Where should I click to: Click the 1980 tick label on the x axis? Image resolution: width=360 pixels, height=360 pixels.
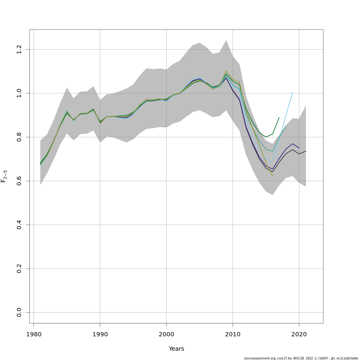click(x=34, y=334)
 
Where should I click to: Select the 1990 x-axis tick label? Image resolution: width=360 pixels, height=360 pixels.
click(x=100, y=334)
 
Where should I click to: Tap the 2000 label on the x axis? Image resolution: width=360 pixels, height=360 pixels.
click(x=166, y=334)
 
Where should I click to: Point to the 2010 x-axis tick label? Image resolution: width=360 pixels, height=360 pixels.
click(x=233, y=334)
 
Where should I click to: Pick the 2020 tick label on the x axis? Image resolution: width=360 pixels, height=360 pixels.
click(x=299, y=334)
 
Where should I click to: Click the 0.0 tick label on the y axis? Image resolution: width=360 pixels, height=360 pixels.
click(x=19, y=312)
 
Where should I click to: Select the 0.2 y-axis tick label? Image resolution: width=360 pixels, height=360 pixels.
click(x=19, y=268)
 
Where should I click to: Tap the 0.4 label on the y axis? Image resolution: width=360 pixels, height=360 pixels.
click(x=19, y=225)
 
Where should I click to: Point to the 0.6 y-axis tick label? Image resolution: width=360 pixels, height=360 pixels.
click(x=19, y=181)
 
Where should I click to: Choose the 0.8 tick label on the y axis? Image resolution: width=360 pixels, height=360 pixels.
click(x=19, y=137)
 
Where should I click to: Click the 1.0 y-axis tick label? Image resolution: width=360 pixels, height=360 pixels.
click(x=19, y=93)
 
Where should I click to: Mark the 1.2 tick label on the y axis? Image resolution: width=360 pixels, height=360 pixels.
click(x=19, y=49)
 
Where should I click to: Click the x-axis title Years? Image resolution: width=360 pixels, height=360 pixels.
click(x=176, y=349)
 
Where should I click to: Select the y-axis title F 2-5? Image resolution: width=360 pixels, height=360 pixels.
click(x=4, y=176)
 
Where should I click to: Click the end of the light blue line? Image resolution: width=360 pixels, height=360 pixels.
click(x=292, y=92)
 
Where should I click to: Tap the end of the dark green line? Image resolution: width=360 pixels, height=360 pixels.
click(x=279, y=118)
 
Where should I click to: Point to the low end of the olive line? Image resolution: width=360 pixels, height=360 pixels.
click(x=273, y=176)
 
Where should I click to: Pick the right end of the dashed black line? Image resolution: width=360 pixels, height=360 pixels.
click(x=306, y=151)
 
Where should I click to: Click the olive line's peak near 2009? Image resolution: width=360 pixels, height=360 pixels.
click(x=226, y=71)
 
